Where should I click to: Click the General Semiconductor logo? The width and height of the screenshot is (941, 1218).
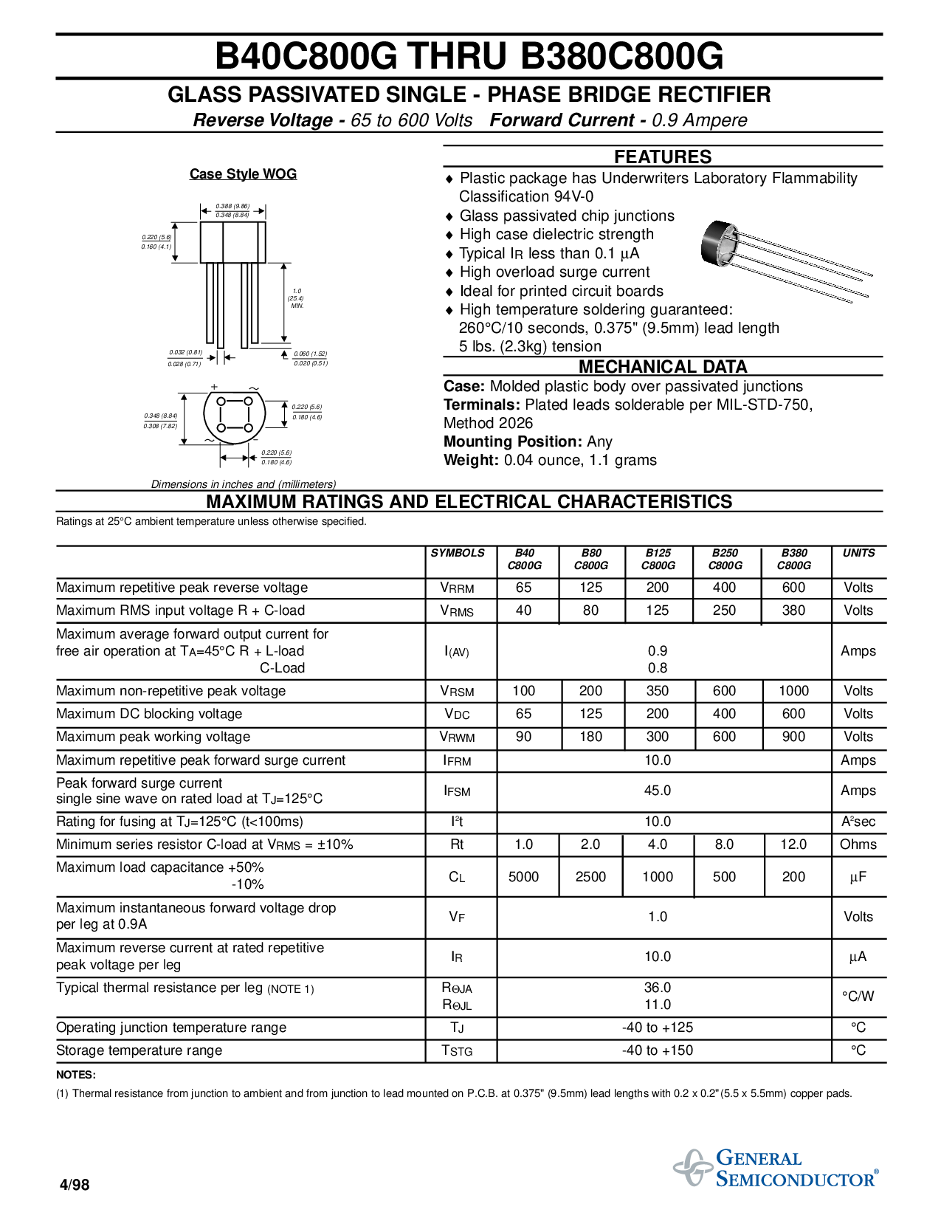(775, 1168)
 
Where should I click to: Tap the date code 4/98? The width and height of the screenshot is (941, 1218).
(75, 1185)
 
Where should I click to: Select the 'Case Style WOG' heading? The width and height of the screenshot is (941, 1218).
(243, 174)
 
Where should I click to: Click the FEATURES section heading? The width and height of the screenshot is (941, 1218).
(663, 156)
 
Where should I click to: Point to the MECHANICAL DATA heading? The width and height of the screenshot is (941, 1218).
(663, 367)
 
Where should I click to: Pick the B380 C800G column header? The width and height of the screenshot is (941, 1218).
(793, 559)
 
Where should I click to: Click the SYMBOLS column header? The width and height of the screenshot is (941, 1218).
(458, 553)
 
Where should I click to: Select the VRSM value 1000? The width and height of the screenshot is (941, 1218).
(793, 691)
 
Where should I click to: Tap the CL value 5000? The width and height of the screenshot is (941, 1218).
(524, 877)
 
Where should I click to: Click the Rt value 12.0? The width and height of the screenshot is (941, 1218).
(793, 844)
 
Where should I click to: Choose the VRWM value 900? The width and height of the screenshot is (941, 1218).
(793, 737)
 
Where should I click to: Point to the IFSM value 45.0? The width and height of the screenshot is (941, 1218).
(657, 791)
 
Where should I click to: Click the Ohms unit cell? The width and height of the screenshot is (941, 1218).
(858, 844)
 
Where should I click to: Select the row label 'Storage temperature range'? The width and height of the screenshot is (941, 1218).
(139, 1050)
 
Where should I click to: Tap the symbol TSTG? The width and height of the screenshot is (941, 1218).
(457, 1050)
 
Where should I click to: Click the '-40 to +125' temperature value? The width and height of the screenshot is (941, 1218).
(657, 1028)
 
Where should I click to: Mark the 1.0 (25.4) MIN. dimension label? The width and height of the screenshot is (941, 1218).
(296, 298)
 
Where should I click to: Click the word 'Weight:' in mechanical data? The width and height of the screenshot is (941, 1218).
(472, 460)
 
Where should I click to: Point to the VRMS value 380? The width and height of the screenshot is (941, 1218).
(793, 610)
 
